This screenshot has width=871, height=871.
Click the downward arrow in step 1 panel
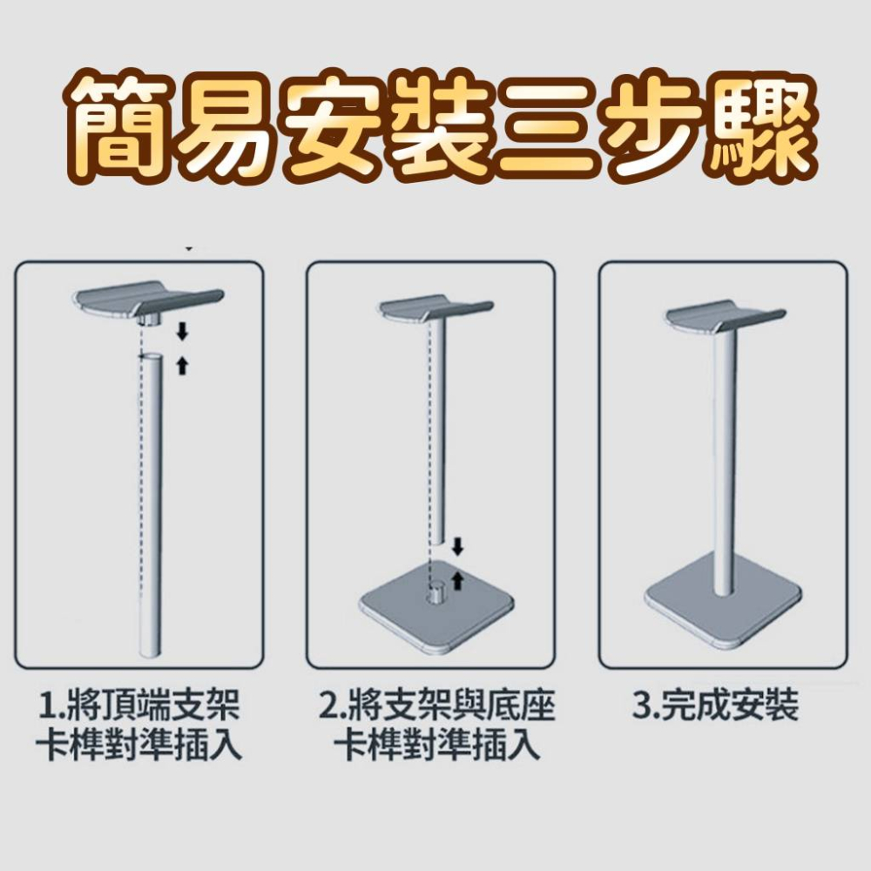point(182,330)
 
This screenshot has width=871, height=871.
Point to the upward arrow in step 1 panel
point(182,364)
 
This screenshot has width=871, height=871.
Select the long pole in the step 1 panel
point(149,505)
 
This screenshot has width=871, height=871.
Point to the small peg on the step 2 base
point(433,591)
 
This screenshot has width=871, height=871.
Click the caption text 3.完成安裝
point(714,707)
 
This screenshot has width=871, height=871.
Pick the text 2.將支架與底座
point(435,707)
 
